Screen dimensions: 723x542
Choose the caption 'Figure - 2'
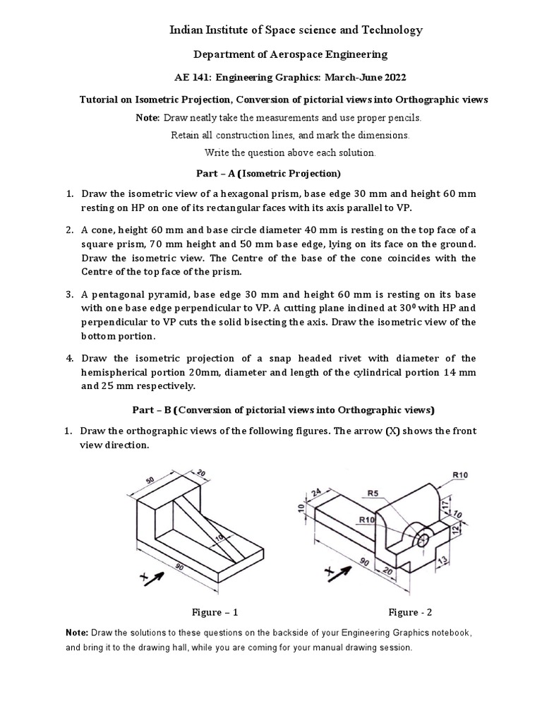click(x=415, y=612)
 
